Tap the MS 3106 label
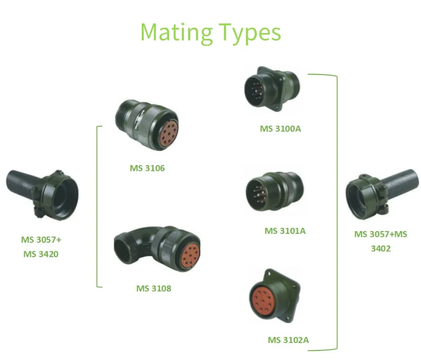(x=147, y=168)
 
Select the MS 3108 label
(x=153, y=289)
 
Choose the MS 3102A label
(x=288, y=340)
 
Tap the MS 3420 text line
(x=41, y=254)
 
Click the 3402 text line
(x=380, y=248)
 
